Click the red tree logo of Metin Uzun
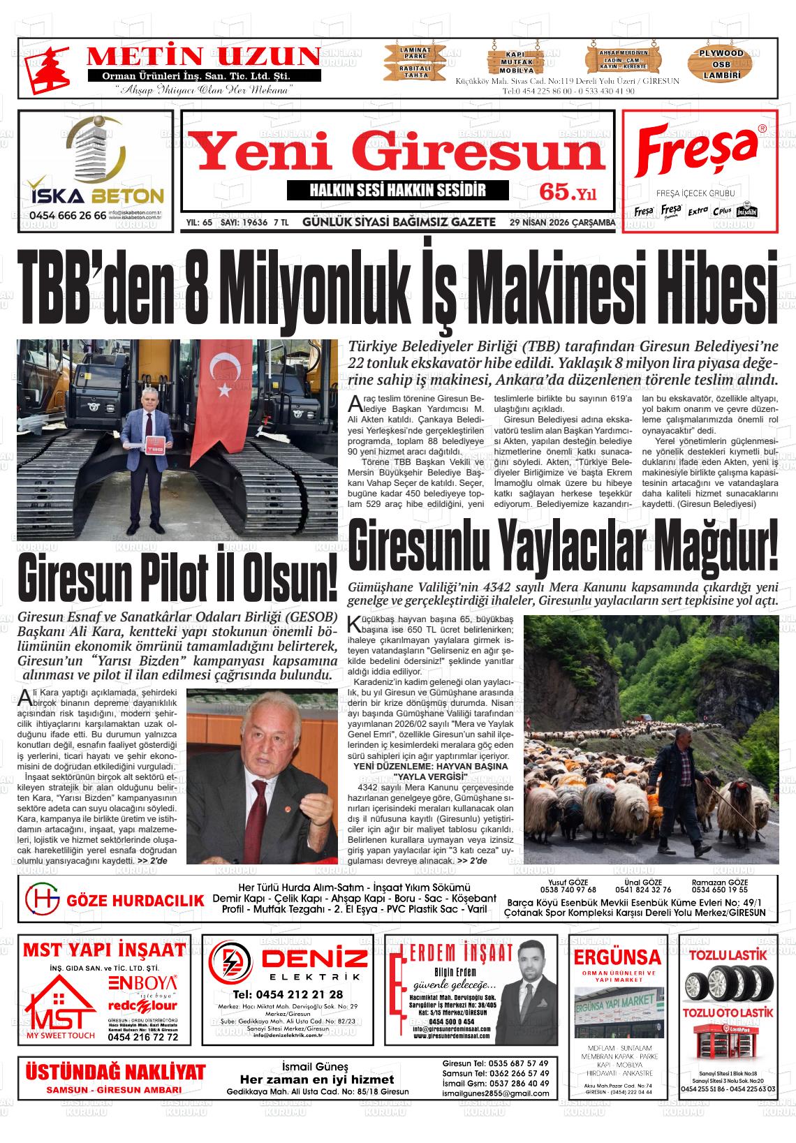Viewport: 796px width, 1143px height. coord(43,68)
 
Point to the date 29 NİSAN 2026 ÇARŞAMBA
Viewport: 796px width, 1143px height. coord(562,223)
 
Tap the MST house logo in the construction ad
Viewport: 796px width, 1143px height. coord(59,1006)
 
